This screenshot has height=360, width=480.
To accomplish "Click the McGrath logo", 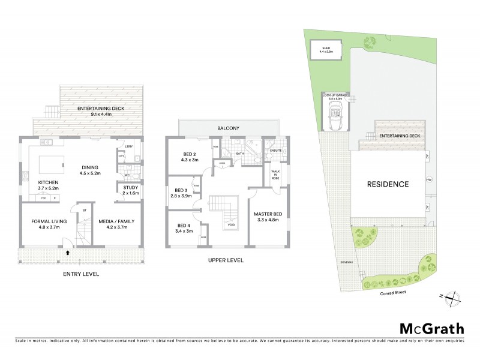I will (x=431, y=328).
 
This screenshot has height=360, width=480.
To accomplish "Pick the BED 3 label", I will (x=180, y=193).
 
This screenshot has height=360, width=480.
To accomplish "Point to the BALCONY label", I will (x=229, y=128).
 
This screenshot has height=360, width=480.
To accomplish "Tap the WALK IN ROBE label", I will (x=275, y=174).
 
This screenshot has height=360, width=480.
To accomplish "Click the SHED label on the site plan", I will (x=326, y=46).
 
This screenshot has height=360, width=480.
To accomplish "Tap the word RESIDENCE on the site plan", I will (x=388, y=184).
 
